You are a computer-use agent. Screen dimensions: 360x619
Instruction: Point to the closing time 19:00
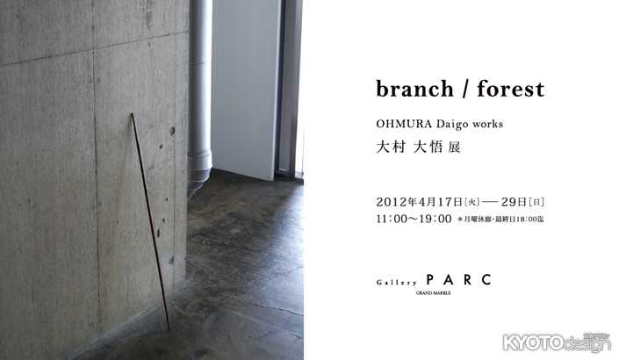coord(434,219)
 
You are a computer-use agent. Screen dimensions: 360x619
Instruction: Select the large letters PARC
coord(454,280)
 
